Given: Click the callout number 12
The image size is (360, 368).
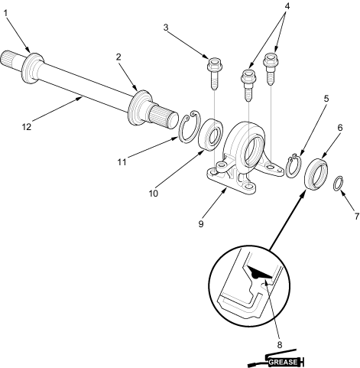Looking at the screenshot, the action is [27, 127].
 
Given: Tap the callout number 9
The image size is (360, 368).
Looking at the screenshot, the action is [201, 224].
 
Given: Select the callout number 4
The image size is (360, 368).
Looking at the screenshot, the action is [287, 6].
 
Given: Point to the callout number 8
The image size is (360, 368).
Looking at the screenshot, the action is [280, 345].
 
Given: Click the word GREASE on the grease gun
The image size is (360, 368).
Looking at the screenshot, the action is [283, 362].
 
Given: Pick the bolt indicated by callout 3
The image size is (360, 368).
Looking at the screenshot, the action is [215, 73].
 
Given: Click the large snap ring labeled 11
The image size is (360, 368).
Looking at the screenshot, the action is [190, 126].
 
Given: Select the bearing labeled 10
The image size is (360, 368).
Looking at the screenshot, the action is [211, 135].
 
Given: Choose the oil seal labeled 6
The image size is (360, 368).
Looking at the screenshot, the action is [316, 174].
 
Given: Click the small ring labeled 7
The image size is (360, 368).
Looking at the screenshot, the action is [339, 183].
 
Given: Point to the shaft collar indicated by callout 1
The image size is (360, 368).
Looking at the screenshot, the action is [32, 68].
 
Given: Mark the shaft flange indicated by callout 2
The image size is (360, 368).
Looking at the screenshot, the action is [140, 108].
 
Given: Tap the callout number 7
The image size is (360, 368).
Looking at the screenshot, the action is [356, 217].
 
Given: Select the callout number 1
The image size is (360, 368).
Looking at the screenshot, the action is [6, 13].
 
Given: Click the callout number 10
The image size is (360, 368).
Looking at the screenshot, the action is [154, 194].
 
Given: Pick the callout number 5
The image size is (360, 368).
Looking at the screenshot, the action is [326, 99].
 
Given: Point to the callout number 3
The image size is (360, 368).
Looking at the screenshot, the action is [166, 28].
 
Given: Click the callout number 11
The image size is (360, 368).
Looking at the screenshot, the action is [122, 162].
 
